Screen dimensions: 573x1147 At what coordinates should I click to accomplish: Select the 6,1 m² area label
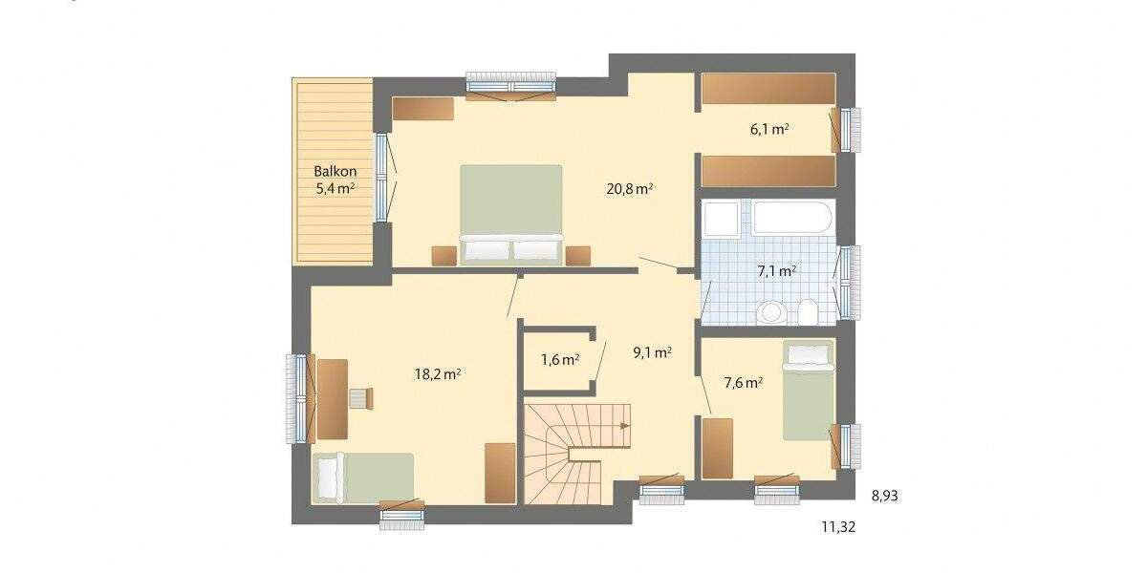[x=768, y=130]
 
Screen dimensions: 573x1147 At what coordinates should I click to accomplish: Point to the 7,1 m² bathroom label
[x=776, y=271]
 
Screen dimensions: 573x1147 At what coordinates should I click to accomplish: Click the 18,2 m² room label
[x=438, y=373]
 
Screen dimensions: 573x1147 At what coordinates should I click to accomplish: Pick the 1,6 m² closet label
[x=560, y=360]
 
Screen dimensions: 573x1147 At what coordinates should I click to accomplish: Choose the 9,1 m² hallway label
[x=652, y=351]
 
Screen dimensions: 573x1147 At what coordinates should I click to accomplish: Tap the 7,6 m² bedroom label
[x=743, y=383]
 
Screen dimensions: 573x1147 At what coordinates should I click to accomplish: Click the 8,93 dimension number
[x=884, y=497]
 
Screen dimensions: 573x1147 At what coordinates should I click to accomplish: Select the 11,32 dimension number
[x=837, y=526]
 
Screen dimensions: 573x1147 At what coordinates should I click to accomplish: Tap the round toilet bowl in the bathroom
[x=772, y=312]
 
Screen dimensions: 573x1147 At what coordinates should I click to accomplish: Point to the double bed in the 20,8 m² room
[x=510, y=213]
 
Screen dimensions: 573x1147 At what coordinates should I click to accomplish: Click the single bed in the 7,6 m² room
[x=808, y=392]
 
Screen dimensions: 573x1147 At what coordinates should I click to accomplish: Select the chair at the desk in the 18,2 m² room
[x=357, y=397]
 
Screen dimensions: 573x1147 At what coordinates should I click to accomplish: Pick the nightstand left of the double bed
[x=444, y=255]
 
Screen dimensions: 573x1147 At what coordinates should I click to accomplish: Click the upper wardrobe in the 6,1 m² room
[x=768, y=89]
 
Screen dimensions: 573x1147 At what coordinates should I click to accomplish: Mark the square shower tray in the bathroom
[x=720, y=219]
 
